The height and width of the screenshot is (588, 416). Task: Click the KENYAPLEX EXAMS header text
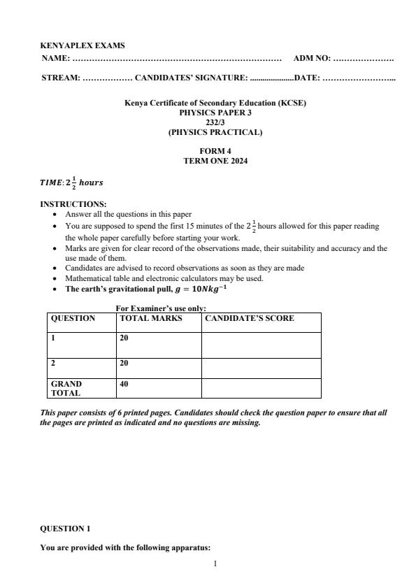pyautogui.click(x=83, y=45)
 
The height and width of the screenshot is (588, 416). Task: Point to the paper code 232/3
pyautogui.click(x=215, y=122)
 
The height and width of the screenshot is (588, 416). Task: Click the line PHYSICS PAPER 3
pyautogui.click(x=215, y=112)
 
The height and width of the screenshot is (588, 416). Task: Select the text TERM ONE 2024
pyautogui.click(x=215, y=160)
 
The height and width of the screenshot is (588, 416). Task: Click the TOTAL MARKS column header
pyautogui.click(x=151, y=318)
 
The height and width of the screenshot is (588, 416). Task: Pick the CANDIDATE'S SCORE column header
pyautogui.click(x=250, y=318)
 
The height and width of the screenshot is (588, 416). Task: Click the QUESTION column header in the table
pyautogui.click(x=73, y=318)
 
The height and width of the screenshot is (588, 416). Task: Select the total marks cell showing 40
pyautogui.click(x=124, y=384)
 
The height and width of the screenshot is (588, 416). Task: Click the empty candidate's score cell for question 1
pyautogui.click(x=261, y=344)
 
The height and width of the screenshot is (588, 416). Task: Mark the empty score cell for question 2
pyautogui.click(x=261, y=368)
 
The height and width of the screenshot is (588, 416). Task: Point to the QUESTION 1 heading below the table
pyautogui.click(x=65, y=529)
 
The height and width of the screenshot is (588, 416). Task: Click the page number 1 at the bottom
pyautogui.click(x=215, y=561)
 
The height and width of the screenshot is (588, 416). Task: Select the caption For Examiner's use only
pyautogui.click(x=161, y=308)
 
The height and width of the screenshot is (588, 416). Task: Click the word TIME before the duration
pyautogui.click(x=51, y=183)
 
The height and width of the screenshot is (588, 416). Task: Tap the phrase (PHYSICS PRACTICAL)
pyautogui.click(x=215, y=131)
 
